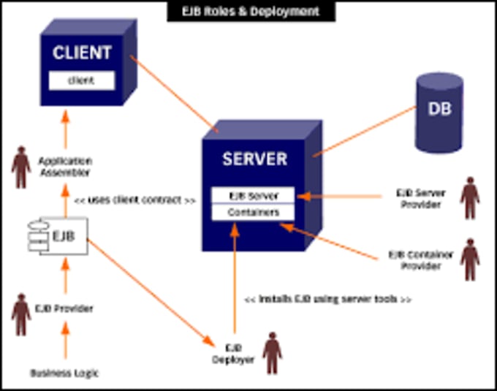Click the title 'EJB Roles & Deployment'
point(251,12)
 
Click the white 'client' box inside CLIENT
point(82,80)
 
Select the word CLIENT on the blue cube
point(82,53)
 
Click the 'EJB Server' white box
point(253,196)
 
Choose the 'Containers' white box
point(253,213)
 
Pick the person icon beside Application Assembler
point(20,167)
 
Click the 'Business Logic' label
point(64,373)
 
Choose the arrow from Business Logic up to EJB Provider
point(64,342)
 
